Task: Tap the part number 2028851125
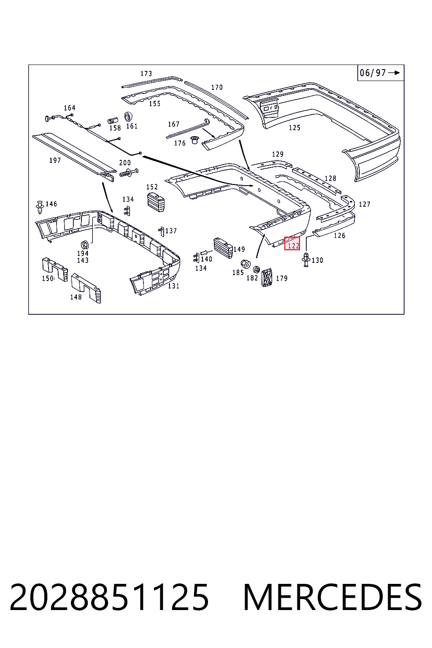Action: [x=109, y=597]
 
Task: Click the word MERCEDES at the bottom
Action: [x=332, y=597]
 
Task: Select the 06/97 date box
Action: [x=381, y=73]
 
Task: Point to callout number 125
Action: [x=294, y=127]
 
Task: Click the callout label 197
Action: [x=55, y=160]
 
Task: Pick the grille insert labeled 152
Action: [x=156, y=202]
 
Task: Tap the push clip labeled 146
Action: [x=40, y=207]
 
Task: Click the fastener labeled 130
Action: [x=306, y=259]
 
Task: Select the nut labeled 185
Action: [x=246, y=264]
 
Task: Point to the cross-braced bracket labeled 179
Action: [x=267, y=278]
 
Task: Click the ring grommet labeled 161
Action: [x=128, y=116]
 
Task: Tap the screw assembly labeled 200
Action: [x=129, y=173]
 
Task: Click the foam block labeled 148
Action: [x=86, y=288]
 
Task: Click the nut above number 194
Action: [x=84, y=245]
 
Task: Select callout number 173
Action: [x=146, y=73]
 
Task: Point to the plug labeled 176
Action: [x=194, y=140]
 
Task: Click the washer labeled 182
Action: [x=256, y=269]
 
